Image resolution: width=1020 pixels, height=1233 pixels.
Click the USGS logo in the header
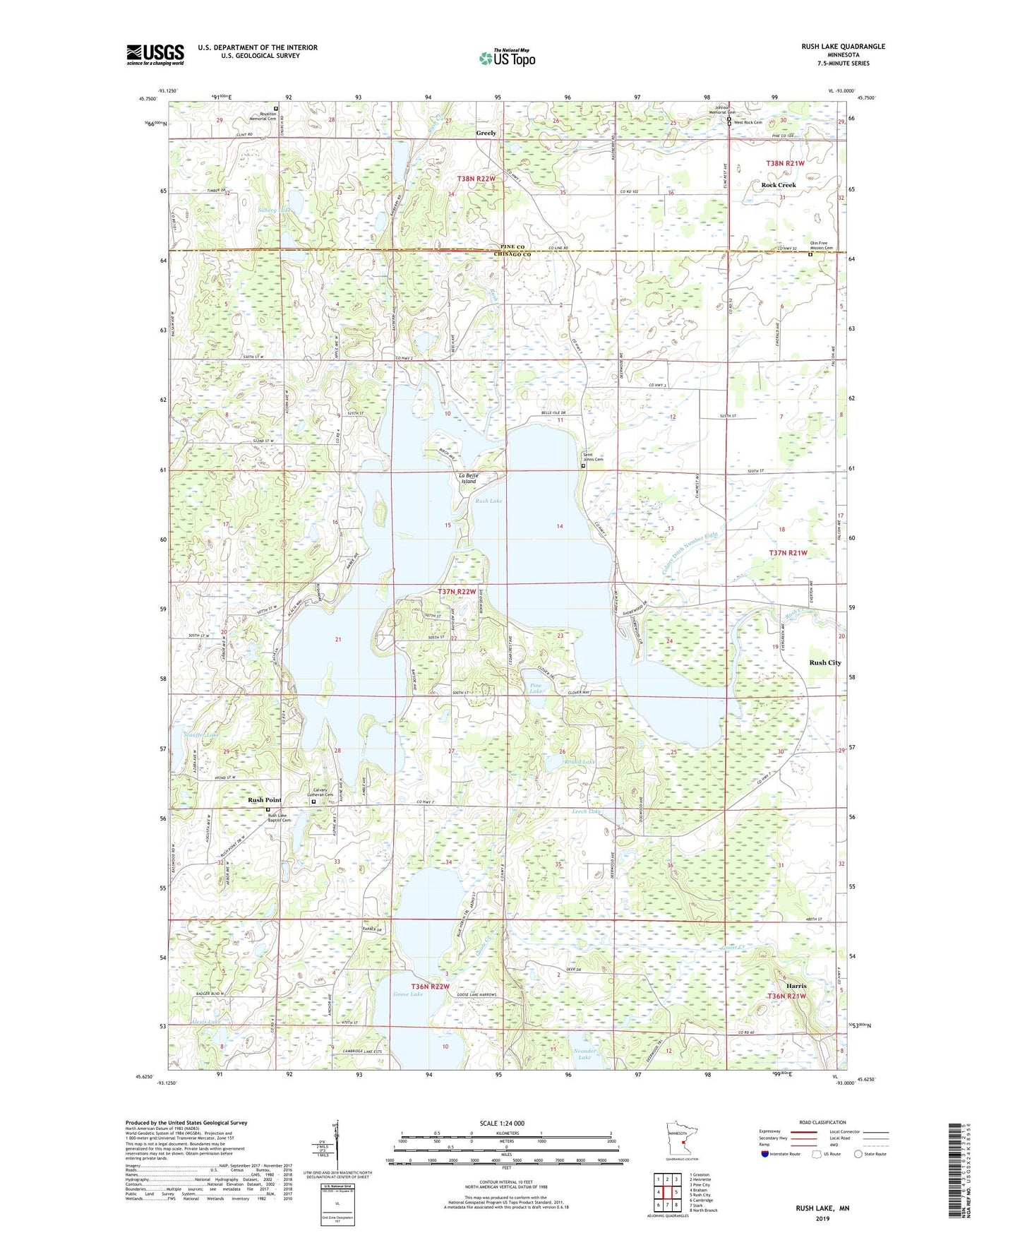coord(155,54)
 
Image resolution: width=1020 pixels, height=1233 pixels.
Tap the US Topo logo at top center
coord(507,59)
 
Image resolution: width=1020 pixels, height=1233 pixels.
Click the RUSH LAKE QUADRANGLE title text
coord(843,47)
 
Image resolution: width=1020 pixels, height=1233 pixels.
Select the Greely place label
coord(486,133)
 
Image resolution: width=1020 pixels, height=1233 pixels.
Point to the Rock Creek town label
coord(778,185)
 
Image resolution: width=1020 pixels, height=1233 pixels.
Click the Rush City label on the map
coord(824,662)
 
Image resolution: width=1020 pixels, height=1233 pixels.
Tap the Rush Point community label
coord(264,800)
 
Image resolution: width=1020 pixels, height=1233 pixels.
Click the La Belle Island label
coord(469,478)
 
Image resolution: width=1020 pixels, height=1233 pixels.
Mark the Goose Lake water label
coord(408,994)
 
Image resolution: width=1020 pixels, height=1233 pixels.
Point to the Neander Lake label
coord(584,1054)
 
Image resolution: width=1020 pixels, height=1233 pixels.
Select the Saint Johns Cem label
coord(592,457)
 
